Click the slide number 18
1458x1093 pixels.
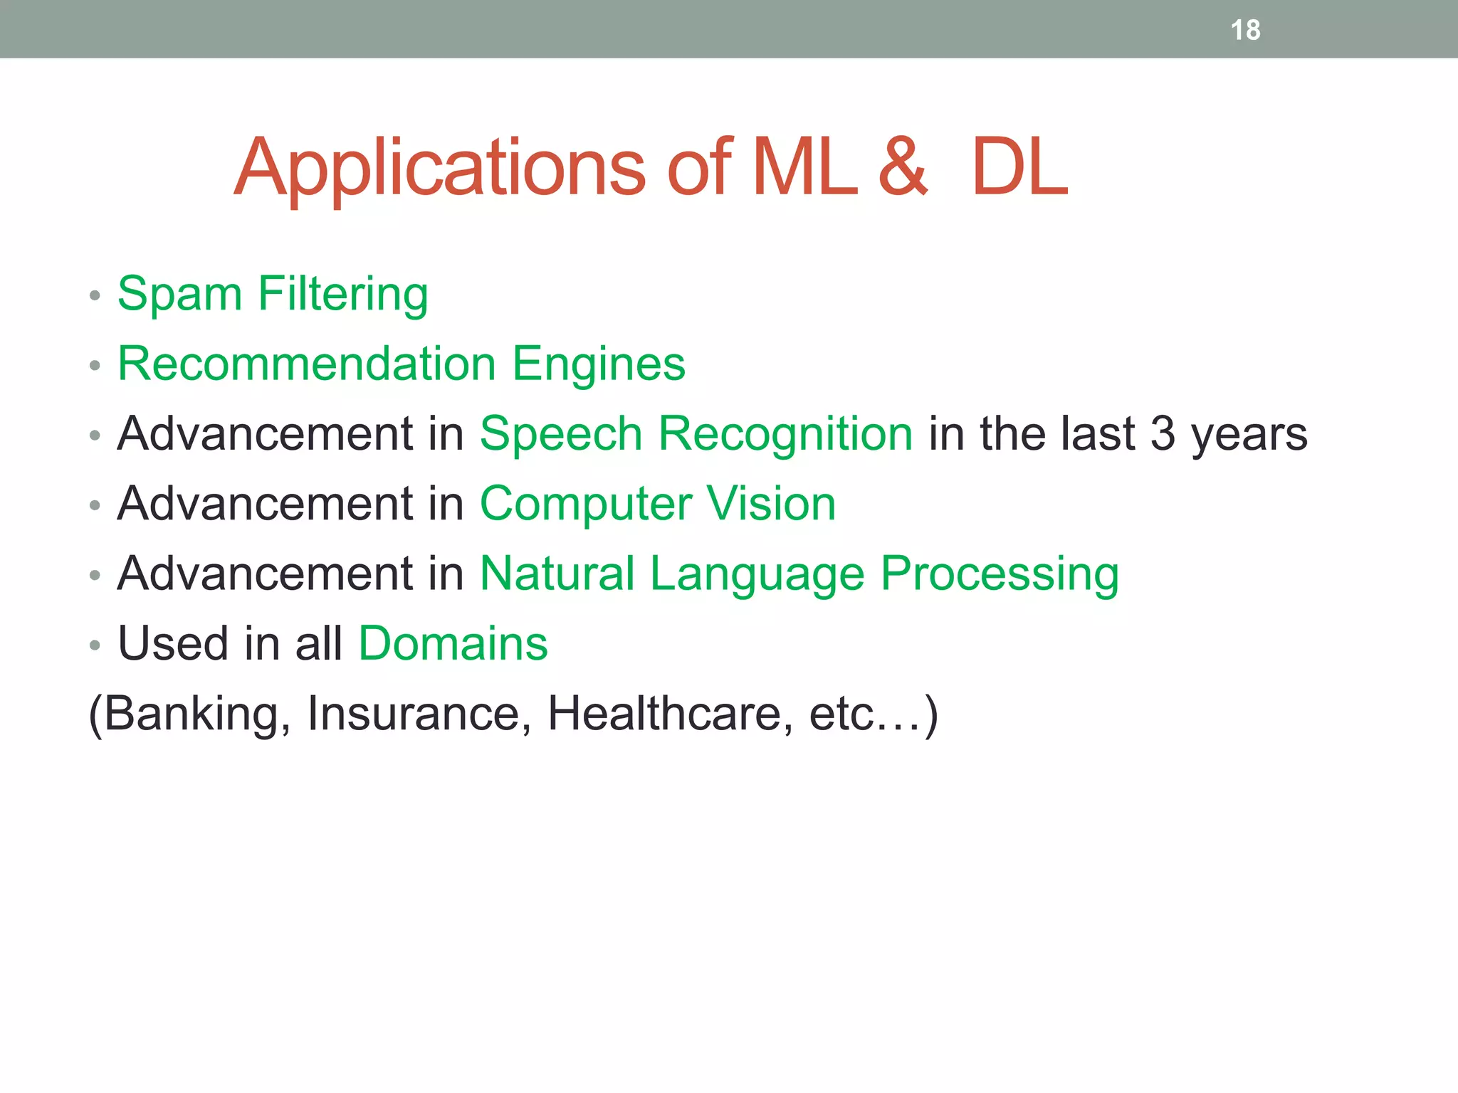click(x=1245, y=31)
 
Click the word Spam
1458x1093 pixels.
click(x=179, y=294)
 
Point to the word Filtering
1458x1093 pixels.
click(x=342, y=294)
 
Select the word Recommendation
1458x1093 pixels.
click(x=307, y=364)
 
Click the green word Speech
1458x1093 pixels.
click(x=561, y=434)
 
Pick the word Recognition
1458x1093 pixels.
click(x=785, y=434)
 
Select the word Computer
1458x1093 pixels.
click(x=585, y=505)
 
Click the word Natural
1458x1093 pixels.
click(x=557, y=573)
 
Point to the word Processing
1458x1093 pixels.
click(x=1000, y=574)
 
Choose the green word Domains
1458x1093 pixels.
click(x=453, y=643)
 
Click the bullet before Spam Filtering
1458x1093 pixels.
click(x=95, y=295)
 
